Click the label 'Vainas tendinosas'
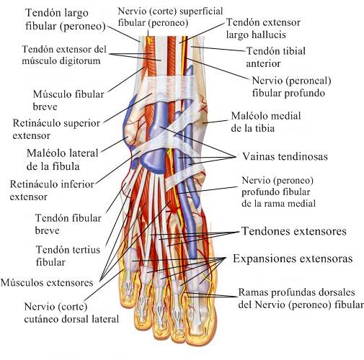[285, 156]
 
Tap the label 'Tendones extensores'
[294, 231]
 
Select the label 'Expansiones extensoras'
[293, 258]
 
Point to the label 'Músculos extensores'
[47, 282]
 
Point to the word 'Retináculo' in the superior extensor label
[37, 123]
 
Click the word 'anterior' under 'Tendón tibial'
[263, 63]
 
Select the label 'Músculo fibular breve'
[68, 100]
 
